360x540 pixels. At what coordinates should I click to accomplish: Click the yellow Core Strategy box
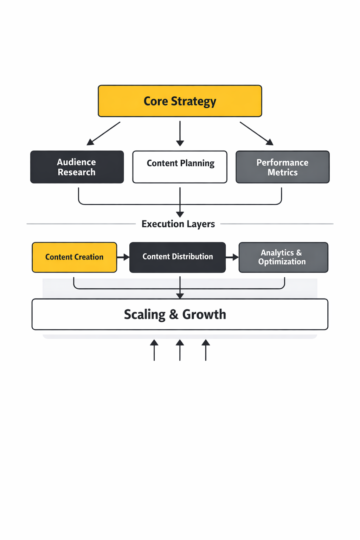tap(180, 101)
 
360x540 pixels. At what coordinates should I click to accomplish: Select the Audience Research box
tap(77, 167)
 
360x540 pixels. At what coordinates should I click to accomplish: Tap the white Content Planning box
tap(180, 167)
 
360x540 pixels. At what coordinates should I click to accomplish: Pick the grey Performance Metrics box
tap(282, 167)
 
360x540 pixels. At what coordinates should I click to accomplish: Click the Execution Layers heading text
tap(178, 224)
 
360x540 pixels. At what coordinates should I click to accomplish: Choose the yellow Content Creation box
tap(74, 257)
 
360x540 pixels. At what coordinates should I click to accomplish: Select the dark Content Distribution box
tap(177, 257)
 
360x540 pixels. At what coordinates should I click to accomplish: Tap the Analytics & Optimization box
tap(283, 257)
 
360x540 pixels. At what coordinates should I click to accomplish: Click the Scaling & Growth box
tap(180, 314)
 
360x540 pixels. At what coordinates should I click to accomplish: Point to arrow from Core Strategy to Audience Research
tap(104, 133)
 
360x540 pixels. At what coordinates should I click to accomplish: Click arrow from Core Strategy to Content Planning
tap(180, 134)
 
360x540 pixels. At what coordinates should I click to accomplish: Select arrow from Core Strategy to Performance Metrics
tap(256, 133)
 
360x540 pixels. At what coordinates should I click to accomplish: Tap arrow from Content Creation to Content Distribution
tap(123, 257)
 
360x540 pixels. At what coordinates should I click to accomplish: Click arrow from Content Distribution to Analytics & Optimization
tap(232, 257)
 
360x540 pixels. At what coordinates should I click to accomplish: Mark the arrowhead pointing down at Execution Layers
tap(180, 214)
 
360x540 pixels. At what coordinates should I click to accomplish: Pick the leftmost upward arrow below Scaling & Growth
tap(154, 350)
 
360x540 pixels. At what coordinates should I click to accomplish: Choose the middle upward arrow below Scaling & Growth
tap(180, 350)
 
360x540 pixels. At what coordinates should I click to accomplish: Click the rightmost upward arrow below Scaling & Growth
tap(206, 350)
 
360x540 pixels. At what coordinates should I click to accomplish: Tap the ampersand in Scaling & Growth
tap(174, 315)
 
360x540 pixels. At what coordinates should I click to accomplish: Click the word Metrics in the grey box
tap(282, 173)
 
